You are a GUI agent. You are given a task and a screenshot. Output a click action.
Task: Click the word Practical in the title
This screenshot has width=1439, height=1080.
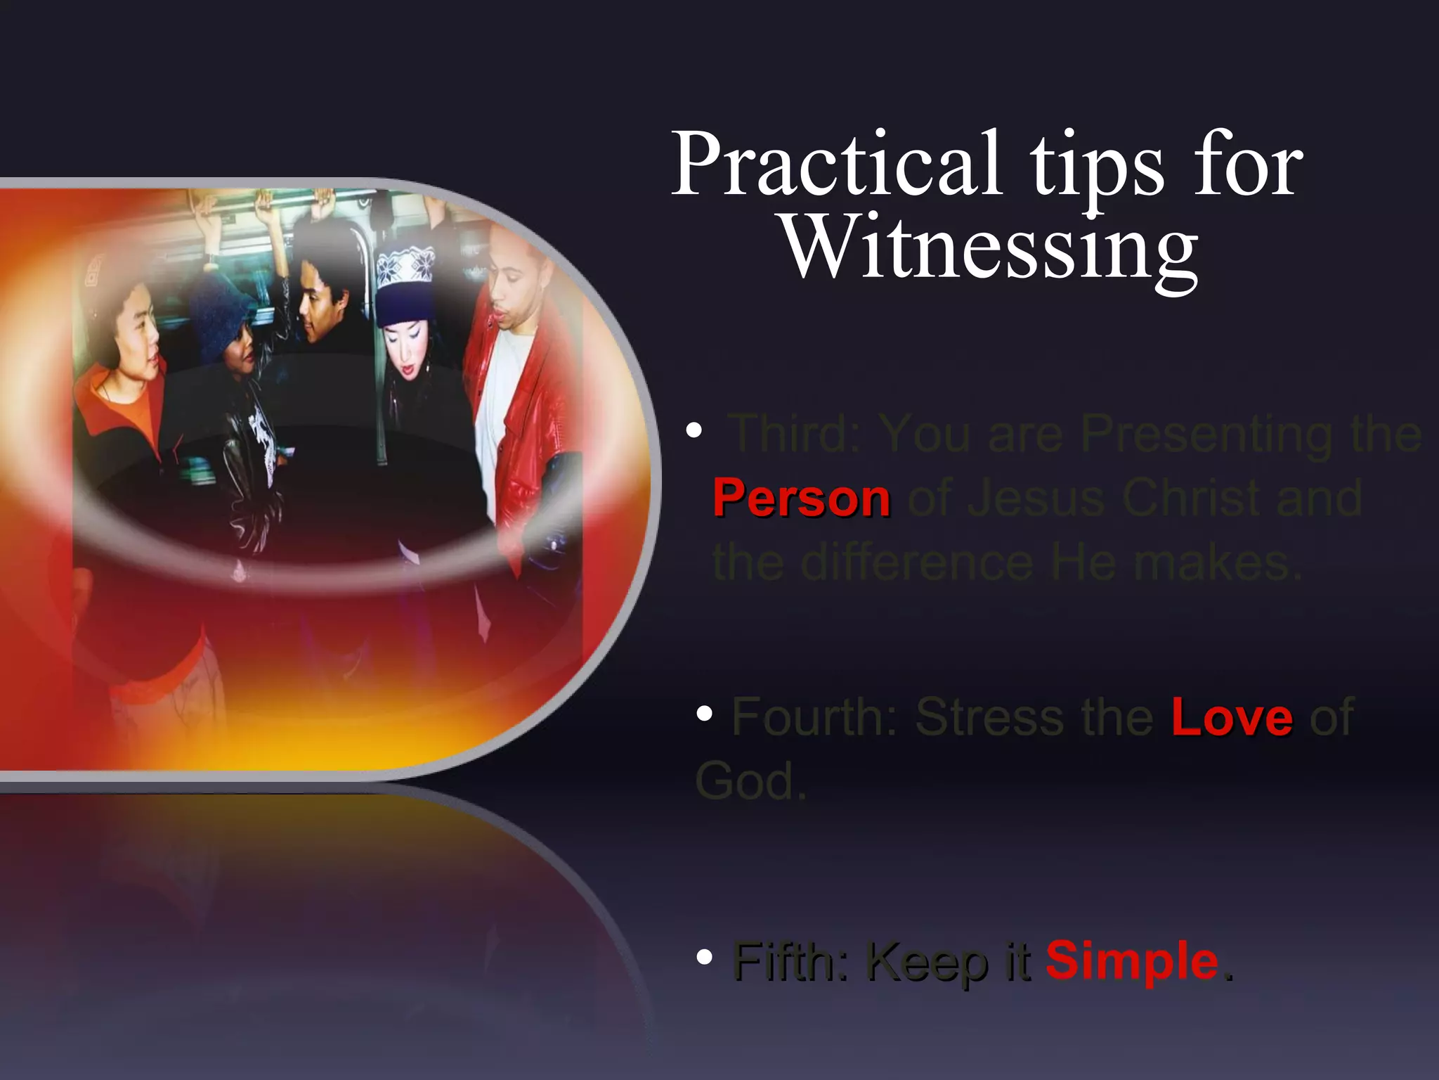[x=836, y=165]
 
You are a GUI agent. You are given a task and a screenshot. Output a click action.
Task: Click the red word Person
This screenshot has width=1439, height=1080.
[x=802, y=498]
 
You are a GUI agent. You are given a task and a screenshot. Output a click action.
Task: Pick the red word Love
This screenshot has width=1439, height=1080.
[x=1232, y=716]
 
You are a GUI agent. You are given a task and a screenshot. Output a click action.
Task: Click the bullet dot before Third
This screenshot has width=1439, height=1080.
[x=694, y=430]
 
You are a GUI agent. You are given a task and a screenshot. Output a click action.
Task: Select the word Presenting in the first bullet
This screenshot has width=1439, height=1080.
[x=1206, y=434]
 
